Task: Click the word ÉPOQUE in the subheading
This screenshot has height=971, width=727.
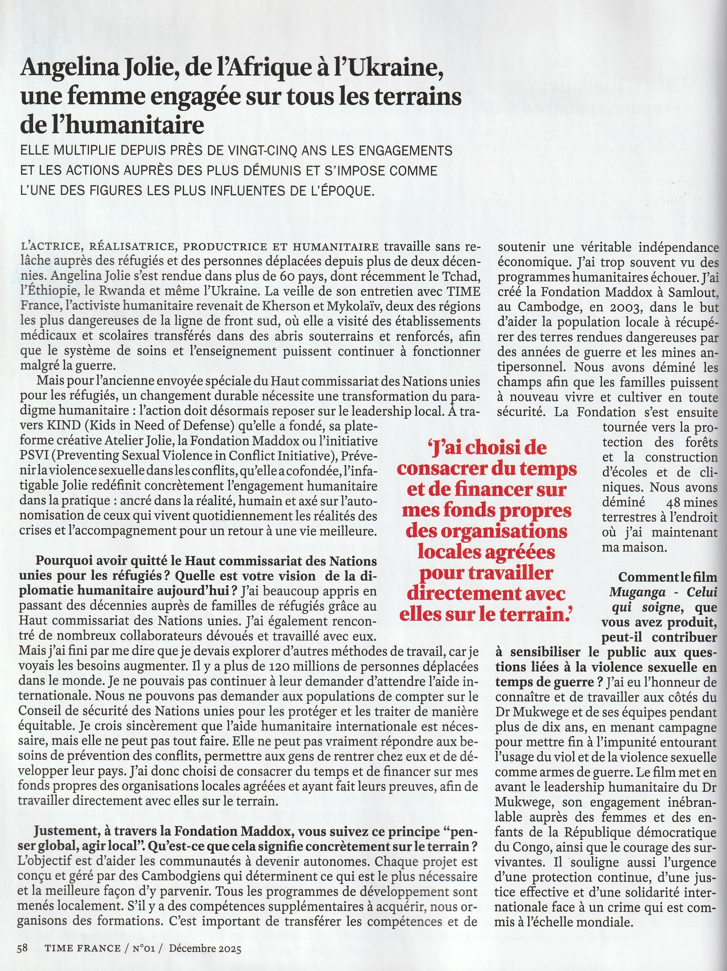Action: (345, 191)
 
